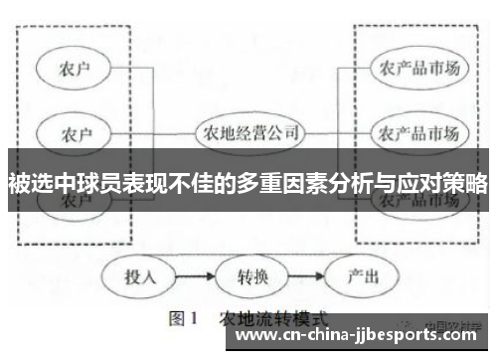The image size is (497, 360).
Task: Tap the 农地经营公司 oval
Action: (x=248, y=132)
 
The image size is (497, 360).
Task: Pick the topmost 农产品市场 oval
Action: (x=418, y=68)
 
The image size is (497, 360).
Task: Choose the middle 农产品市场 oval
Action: (x=418, y=132)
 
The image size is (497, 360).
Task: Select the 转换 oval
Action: (x=249, y=274)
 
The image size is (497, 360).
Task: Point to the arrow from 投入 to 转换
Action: (x=195, y=274)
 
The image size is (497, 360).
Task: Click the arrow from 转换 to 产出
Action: (x=303, y=274)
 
